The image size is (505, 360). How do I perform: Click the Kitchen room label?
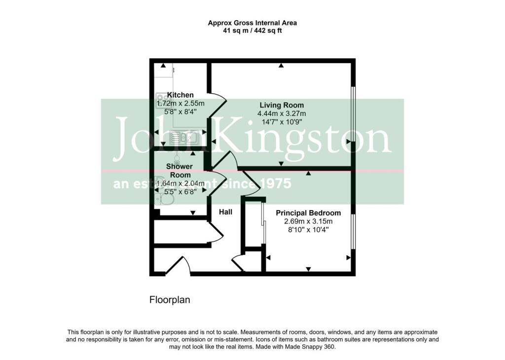point(180,95)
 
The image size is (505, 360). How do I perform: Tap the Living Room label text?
point(282,105)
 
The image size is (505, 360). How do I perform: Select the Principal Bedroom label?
point(308,213)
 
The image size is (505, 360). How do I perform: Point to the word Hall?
point(226,212)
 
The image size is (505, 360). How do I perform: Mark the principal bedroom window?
point(352,232)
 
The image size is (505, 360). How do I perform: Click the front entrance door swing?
point(178,265)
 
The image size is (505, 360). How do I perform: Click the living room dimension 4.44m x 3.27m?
point(282,113)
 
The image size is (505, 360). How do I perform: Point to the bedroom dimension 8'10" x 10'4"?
point(308,230)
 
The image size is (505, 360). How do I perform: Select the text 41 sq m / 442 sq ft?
point(252,31)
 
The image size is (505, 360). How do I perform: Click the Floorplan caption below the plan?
point(170,300)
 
